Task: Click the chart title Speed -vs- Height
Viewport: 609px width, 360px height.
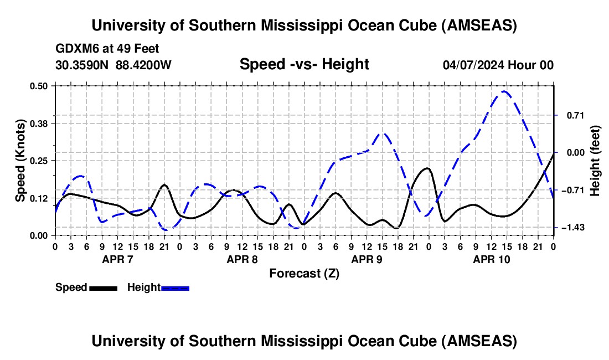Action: click(304, 64)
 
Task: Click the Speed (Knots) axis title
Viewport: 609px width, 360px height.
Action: click(20, 160)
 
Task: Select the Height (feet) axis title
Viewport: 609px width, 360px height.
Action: click(596, 160)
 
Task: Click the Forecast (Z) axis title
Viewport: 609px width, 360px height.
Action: click(304, 273)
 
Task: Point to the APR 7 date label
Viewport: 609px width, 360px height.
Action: click(117, 259)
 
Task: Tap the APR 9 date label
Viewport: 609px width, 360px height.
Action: click(367, 259)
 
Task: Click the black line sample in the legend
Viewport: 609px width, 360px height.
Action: click(103, 288)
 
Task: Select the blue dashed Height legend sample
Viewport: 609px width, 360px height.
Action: click(175, 288)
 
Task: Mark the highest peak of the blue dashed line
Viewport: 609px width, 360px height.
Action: click(503, 91)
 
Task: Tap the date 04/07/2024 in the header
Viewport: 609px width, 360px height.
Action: click(476, 65)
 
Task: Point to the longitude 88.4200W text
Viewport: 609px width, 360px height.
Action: click(144, 65)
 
